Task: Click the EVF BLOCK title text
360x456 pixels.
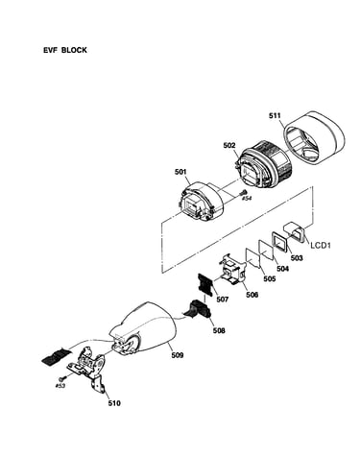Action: (x=65, y=50)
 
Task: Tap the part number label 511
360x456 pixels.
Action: (x=275, y=116)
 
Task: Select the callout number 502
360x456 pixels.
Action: (x=229, y=146)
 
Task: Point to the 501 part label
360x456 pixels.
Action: (x=180, y=172)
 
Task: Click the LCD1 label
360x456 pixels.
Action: (x=321, y=246)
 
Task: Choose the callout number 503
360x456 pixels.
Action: (x=297, y=257)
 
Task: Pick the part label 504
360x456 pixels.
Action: (x=283, y=269)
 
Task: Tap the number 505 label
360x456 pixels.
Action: (x=270, y=279)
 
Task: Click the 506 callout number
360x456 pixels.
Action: (x=252, y=295)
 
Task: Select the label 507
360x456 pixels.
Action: (x=222, y=300)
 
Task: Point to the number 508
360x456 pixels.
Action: (x=219, y=330)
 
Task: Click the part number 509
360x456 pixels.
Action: (x=178, y=355)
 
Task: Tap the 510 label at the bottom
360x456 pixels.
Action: (x=114, y=403)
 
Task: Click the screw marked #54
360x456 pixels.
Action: (x=244, y=193)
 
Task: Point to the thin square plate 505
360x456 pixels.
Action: (x=253, y=257)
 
